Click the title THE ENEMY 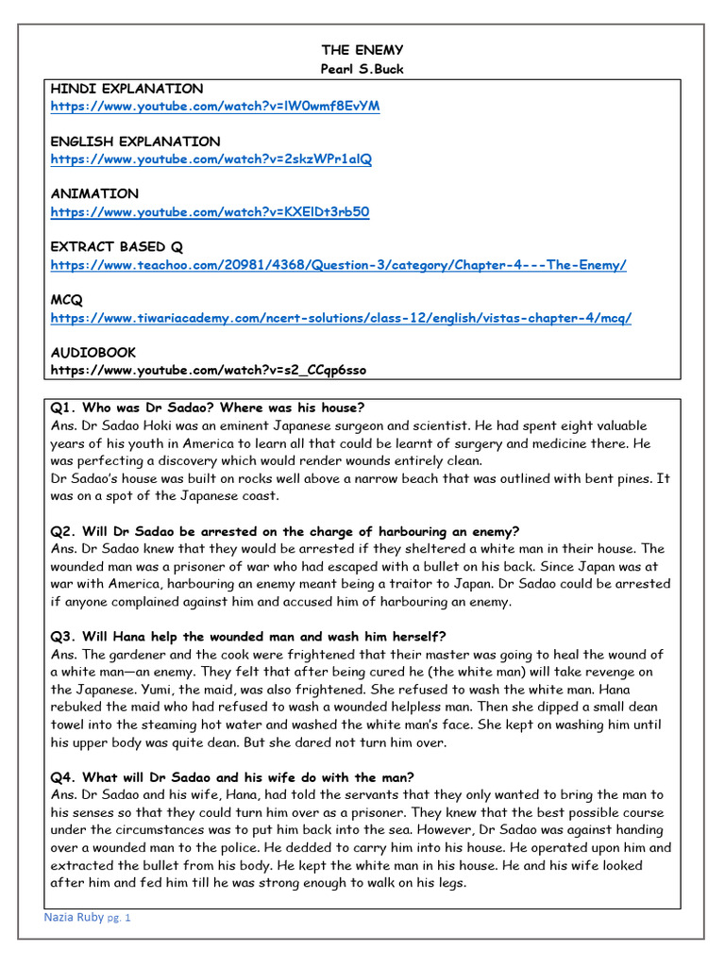[362, 50]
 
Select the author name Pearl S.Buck [362, 70]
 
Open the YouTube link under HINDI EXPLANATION [215, 106]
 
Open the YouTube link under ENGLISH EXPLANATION [211, 158]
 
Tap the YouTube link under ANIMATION [210, 211]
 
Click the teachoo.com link [338, 264]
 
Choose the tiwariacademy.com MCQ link [341, 318]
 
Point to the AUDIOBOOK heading [93, 352]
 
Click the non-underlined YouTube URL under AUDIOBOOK [208, 370]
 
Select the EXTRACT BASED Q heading [116, 246]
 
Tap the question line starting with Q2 [285, 531]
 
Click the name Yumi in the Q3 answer [126, 690]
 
